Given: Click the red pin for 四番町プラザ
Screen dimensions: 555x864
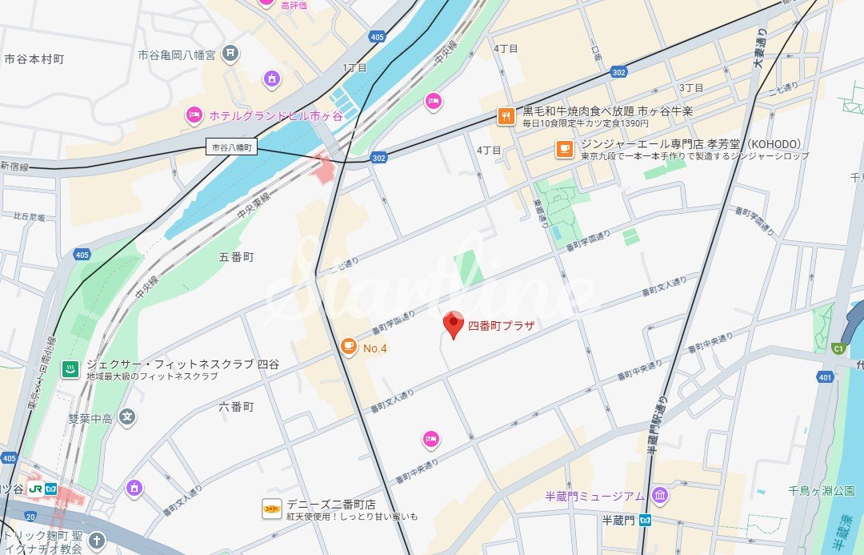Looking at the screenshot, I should click(x=454, y=324).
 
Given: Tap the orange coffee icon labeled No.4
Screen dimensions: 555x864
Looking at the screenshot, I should click(x=348, y=347).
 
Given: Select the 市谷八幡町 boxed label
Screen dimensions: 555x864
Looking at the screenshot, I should click(x=231, y=147).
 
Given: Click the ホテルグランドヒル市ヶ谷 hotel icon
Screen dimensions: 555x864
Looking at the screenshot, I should click(x=194, y=116).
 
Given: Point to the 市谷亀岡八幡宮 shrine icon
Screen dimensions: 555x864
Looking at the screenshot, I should click(x=230, y=54).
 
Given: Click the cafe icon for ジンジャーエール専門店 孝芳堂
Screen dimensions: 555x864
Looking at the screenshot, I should click(x=564, y=149).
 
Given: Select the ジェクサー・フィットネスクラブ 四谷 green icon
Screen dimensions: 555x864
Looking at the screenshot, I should click(x=70, y=369).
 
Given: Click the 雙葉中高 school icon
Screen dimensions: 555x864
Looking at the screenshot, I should click(x=127, y=416).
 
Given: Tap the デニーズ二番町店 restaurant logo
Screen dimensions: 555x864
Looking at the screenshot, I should click(x=272, y=508).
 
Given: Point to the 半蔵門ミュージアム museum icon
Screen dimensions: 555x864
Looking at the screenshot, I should click(x=659, y=496).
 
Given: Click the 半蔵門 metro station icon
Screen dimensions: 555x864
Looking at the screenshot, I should click(x=646, y=521).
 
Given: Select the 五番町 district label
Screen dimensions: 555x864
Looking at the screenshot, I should click(x=236, y=257).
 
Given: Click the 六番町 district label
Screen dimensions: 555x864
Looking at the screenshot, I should click(x=236, y=407).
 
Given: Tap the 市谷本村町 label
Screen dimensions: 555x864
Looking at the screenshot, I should click(x=34, y=59).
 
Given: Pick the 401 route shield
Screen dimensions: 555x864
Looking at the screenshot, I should click(x=826, y=376).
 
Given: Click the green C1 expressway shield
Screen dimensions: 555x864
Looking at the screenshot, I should click(x=838, y=348).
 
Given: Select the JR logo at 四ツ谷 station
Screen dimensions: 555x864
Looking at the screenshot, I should click(x=35, y=487).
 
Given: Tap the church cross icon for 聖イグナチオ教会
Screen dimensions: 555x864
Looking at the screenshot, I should click(x=97, y=541).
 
